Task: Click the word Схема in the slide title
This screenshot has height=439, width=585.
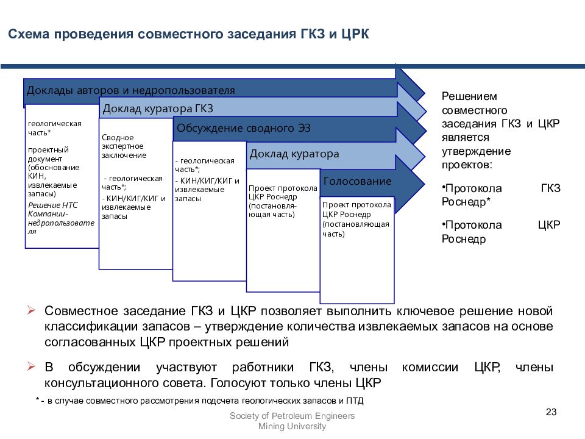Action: point(29,34)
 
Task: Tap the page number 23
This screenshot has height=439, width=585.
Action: point(551,412)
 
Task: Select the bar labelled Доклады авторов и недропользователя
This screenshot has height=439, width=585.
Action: point(130,90)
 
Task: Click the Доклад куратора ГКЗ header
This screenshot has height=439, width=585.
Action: point(158,109)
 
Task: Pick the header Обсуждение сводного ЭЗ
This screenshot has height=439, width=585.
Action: point(244,128)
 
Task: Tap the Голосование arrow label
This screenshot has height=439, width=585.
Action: point(358,181)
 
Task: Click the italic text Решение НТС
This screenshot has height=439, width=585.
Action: point(53,205)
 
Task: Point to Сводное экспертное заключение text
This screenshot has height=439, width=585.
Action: point(124,146)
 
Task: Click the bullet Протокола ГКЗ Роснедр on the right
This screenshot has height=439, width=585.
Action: point(501,195)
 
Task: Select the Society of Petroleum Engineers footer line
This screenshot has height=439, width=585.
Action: point(292,416)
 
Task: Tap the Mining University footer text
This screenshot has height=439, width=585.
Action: point(292,426)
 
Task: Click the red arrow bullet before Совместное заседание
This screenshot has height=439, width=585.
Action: point(31,310)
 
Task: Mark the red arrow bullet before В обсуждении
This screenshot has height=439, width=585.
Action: point(31,366)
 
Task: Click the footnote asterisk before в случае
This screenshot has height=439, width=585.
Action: point(38,400)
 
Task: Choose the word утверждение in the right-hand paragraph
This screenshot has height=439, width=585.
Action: point(477,152)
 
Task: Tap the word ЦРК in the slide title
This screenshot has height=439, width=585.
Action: point(355,34)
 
